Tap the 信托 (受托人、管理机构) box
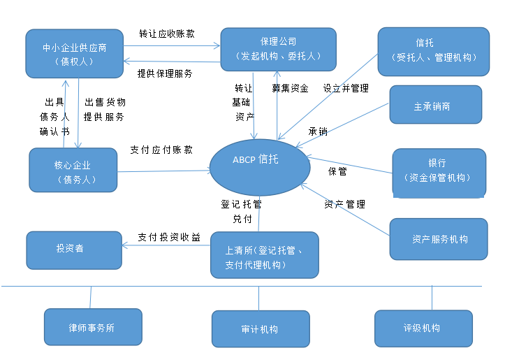tap(433, 51)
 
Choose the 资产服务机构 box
tap(439, 239)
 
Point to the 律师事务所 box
tap(92, 327)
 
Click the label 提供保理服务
tap(165, 73)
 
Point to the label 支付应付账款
tap(161, 150)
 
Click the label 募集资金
tap(290, 89)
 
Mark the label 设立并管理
tap(345, 89)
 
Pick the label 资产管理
tap(344, 204)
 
